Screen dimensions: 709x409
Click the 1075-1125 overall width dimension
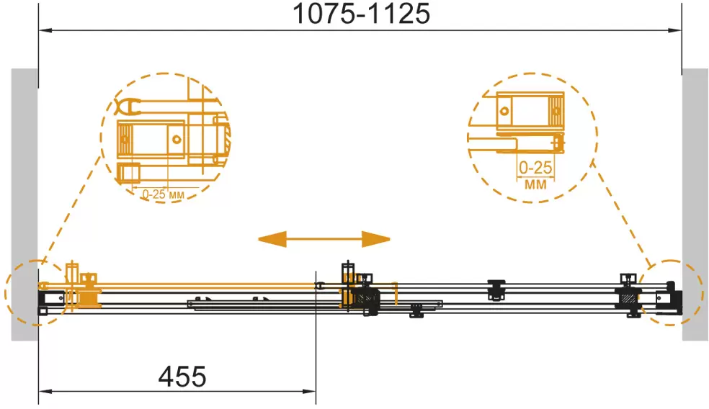click(x=361, y=14)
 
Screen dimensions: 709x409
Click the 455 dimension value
click(x=182, y=377)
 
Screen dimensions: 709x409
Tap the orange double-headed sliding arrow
click(x=324, y=238)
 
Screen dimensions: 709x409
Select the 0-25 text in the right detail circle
click(x=535, y=168)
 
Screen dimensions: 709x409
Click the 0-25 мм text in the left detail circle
click(x=164, y=194)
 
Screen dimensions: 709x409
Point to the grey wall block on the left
click(x=24, y=204)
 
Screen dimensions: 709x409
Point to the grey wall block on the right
click(x=695, y=204)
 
